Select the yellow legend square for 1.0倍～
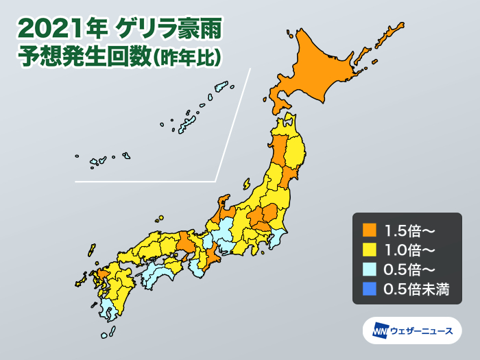(368, 249)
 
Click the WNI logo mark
(380, 331)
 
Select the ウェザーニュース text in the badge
(421, 331)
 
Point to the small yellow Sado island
(246, 184)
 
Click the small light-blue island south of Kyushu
(104, 335)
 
